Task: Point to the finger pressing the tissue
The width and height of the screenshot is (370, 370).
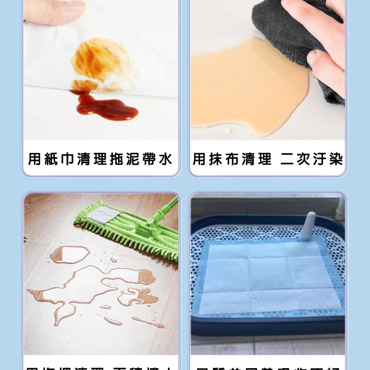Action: tap(55, 11)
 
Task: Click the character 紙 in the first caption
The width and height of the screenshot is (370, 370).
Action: tap(52, 159)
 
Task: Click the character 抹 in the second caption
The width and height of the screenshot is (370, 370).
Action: tap(215, 159)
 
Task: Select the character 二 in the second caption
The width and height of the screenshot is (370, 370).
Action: tap(287, 159)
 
